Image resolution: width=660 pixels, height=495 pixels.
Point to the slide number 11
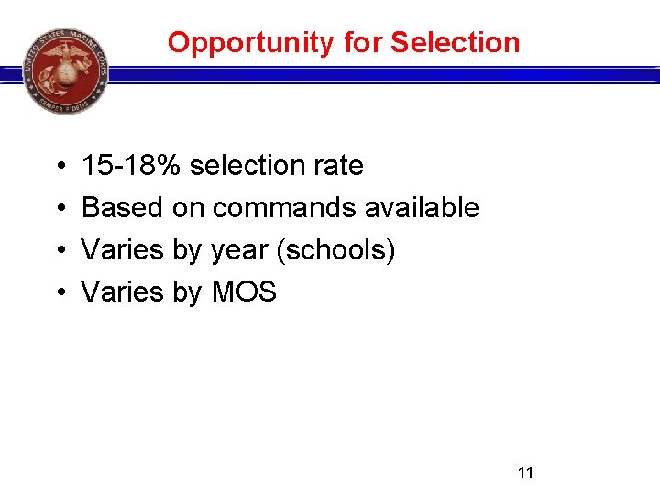click(x=525, y=473)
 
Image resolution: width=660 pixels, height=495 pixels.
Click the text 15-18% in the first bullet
click(x=132, y=166)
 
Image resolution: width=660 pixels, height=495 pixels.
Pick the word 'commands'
click(x=284, y=208)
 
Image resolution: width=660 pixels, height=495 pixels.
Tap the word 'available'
click(x=422, y=208)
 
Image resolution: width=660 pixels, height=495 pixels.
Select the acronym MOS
click(x=244, y=292)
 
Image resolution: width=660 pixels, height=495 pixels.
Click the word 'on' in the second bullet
click(x=188, y=208)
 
